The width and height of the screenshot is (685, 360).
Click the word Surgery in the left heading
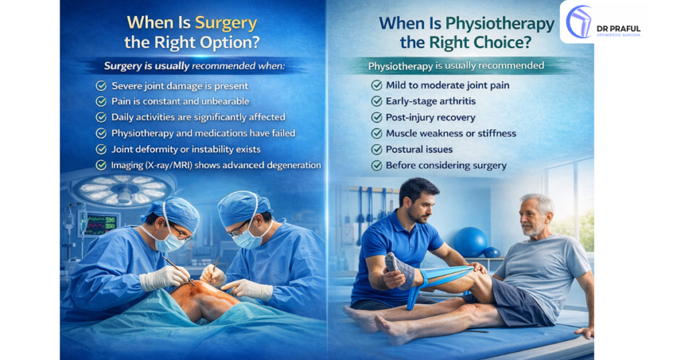point(225,22)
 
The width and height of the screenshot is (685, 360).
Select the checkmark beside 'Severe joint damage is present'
point(102,86)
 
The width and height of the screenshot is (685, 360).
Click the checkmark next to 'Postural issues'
point(377,149)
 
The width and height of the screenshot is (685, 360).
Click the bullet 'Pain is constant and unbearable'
point(180,102)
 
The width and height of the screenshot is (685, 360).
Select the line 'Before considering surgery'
point(446,165)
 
